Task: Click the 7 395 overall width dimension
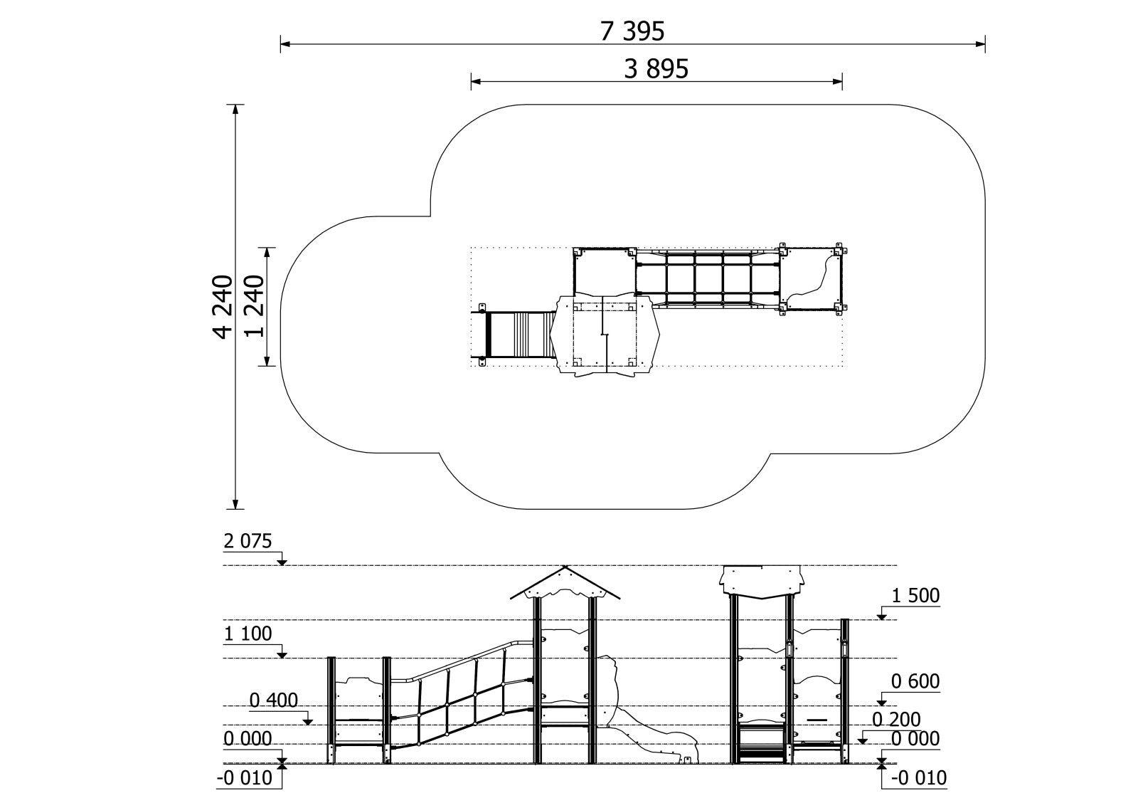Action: point(632,31)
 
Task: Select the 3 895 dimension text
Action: point(656,68)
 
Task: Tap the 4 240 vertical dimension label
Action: point(223,307)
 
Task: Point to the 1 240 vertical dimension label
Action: point(254,306)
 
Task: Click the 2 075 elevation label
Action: point(248,541)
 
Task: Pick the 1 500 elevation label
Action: point(915,596)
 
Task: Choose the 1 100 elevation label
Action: point(248,634)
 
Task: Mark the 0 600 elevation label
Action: point(915,681)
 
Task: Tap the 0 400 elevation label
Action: point(273,701)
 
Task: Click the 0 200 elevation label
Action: point(896,720)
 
